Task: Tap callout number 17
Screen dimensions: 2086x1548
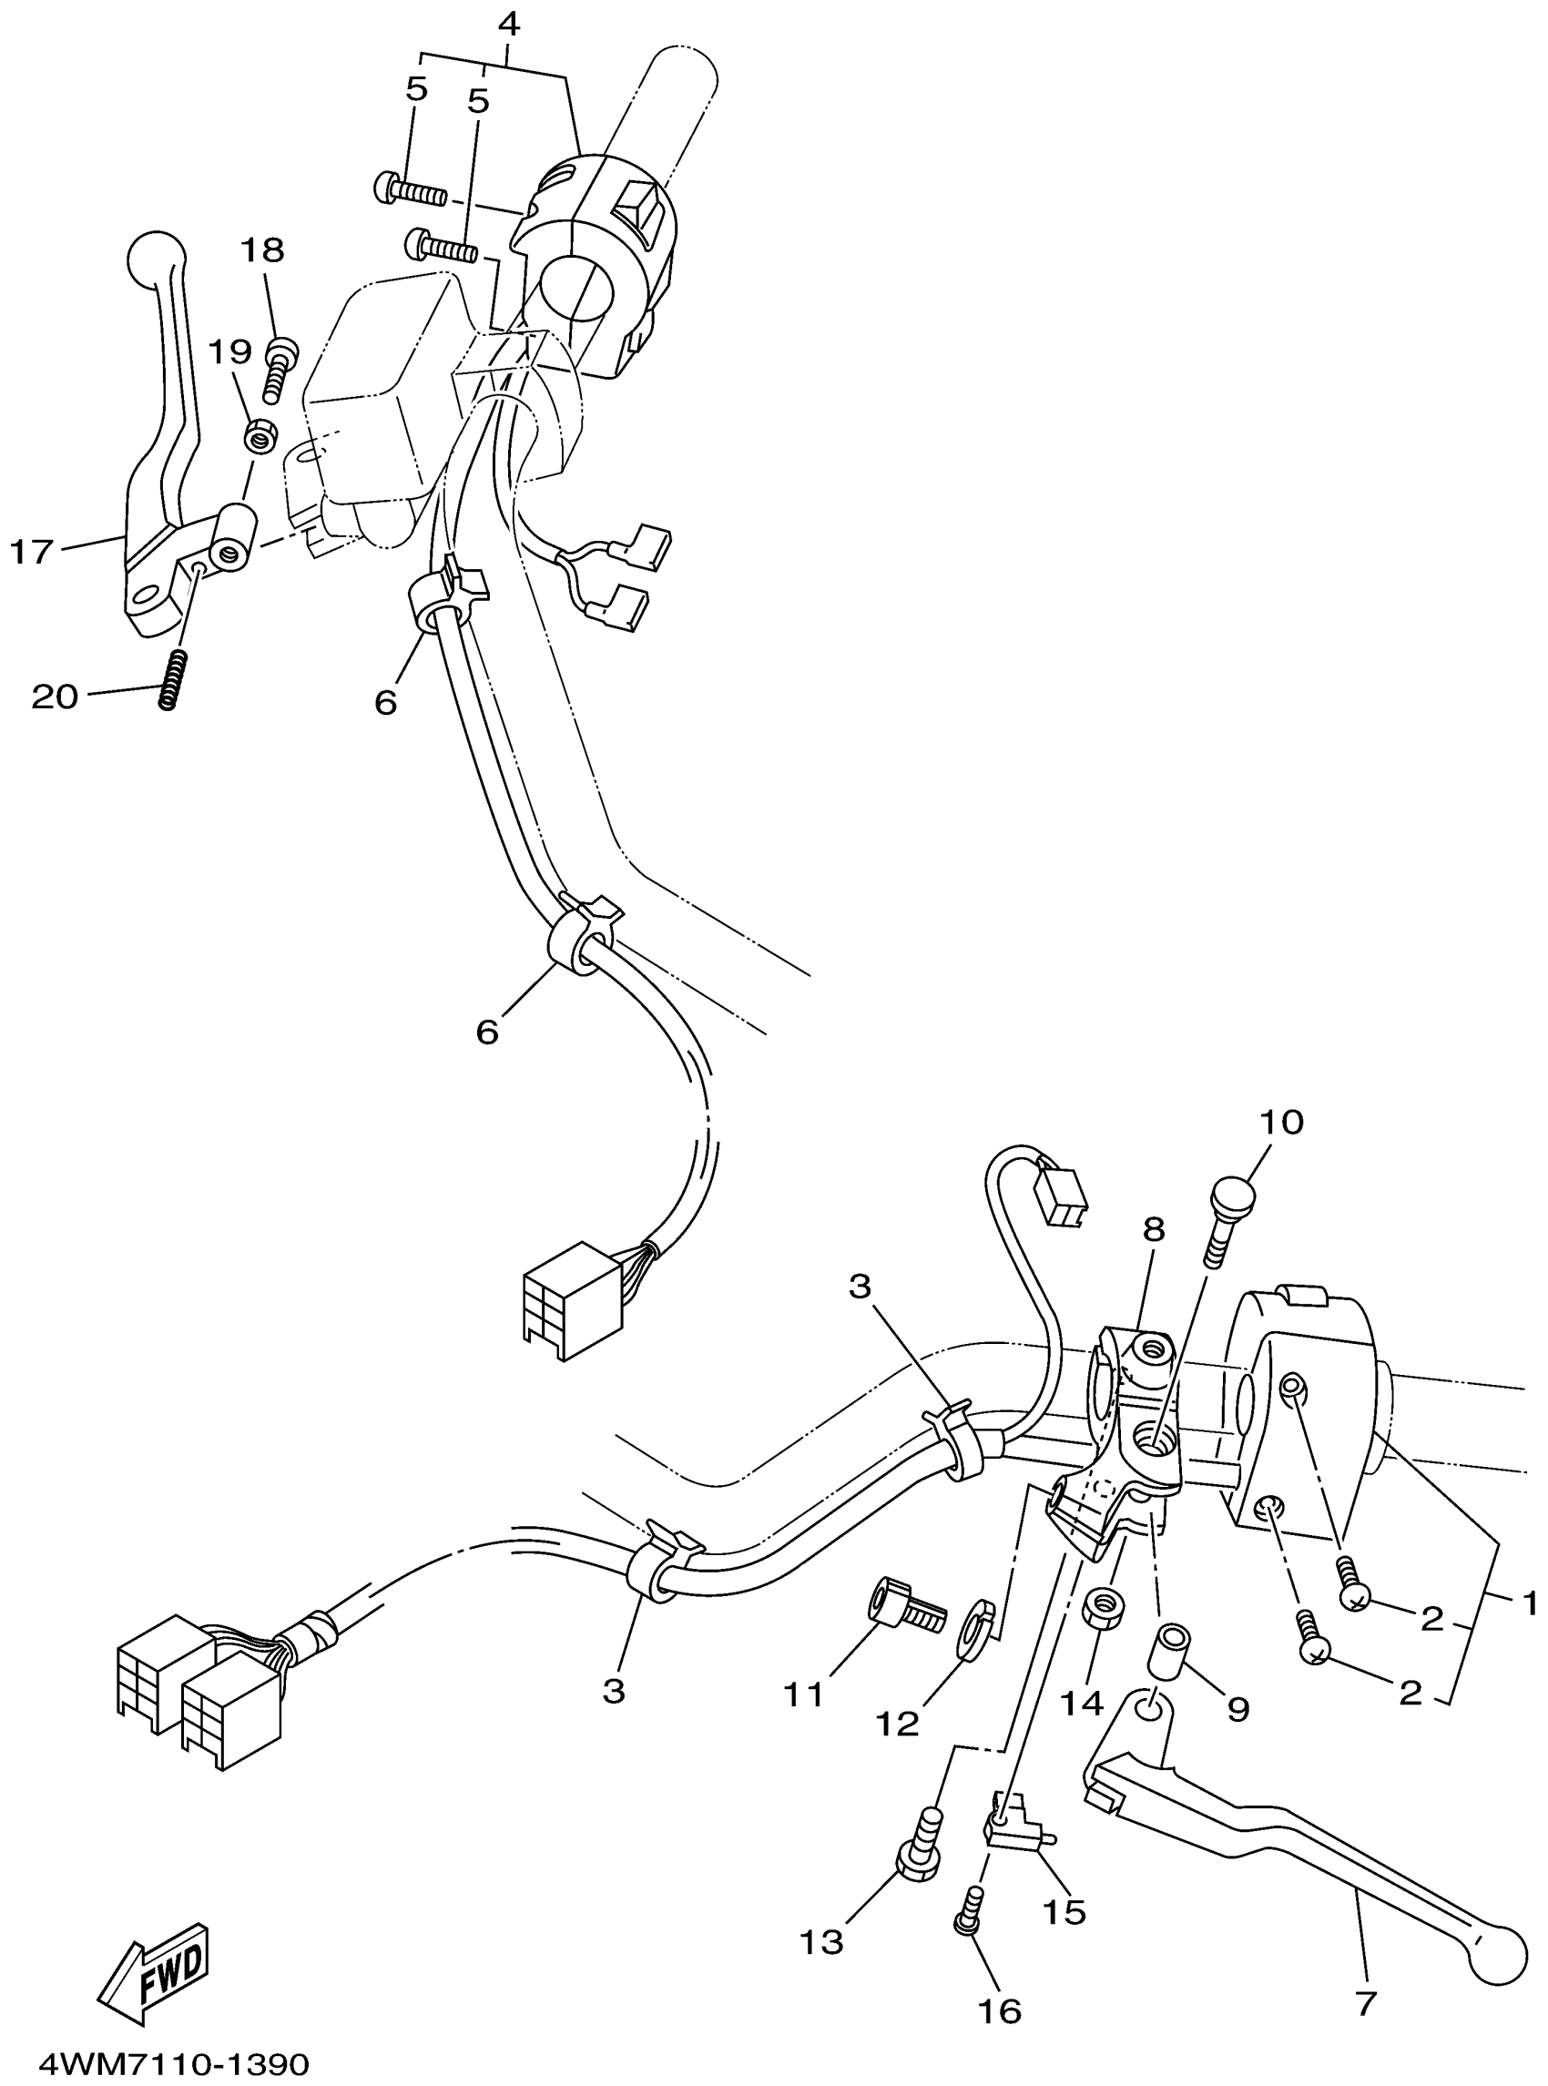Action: pyautogui.click(x=32, y=552)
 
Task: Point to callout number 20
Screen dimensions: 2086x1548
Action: pyautogui.click(x=55, y=697)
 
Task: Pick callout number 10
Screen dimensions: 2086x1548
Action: pyautogui.click(x=1282, y=1122)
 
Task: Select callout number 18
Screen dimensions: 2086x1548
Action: pyautogui.click(x=263, y=250)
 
